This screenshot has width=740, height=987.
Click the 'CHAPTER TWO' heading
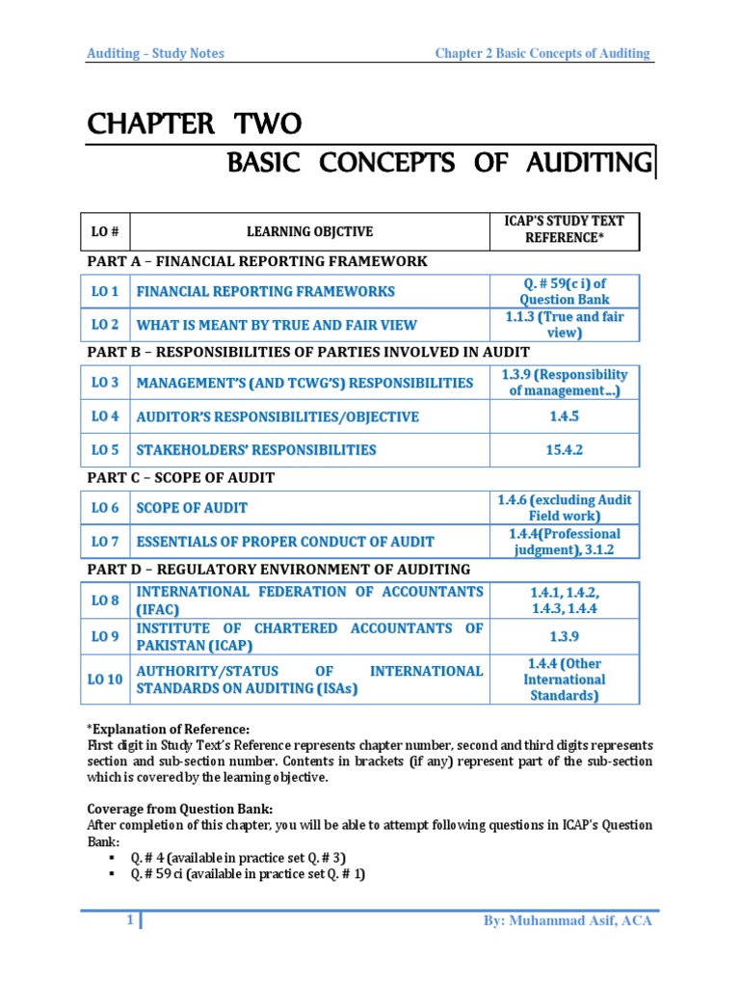click(x=195, y=124)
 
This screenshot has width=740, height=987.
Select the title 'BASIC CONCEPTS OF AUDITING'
click(x=438, y=163)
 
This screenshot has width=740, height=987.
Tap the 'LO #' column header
click(x=106, y=231)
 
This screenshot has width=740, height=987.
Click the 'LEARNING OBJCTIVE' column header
click(x=309, y=231)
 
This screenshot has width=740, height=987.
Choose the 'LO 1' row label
click(x=106, y=291)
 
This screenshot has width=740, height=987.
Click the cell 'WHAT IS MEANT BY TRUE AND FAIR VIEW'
click(x=277, y=325)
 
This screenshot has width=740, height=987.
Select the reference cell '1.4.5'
click(x=564, y=416)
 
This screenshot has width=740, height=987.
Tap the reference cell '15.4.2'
click(x=564, y=450)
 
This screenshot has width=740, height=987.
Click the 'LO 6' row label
click(x=106, y=508)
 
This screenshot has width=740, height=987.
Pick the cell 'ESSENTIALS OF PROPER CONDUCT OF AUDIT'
click(x=285, y=542)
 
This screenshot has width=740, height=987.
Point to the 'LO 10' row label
click(x=106, y=679)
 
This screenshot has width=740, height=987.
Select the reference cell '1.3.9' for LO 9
click(x=564, y=637)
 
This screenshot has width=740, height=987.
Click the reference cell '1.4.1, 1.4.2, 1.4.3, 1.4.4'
click(x=564, y=600)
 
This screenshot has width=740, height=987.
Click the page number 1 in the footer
click(x=129, y=920)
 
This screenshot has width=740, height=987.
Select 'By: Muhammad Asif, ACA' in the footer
click(x=568, y=921)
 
